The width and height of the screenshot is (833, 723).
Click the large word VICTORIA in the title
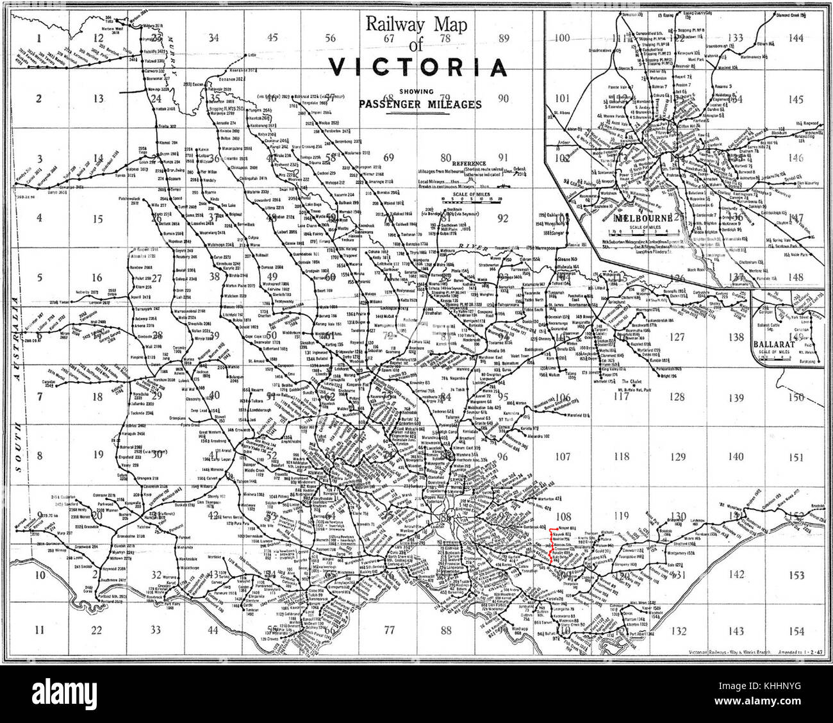tap(416, 67)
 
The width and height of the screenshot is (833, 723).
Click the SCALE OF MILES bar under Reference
tap(471, 199)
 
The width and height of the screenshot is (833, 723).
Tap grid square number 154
tap(795, 631)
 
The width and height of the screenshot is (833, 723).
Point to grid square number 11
tap(40, 631)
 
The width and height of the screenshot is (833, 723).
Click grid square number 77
tap(389, 631)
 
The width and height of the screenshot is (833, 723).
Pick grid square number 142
tap(736, 575)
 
